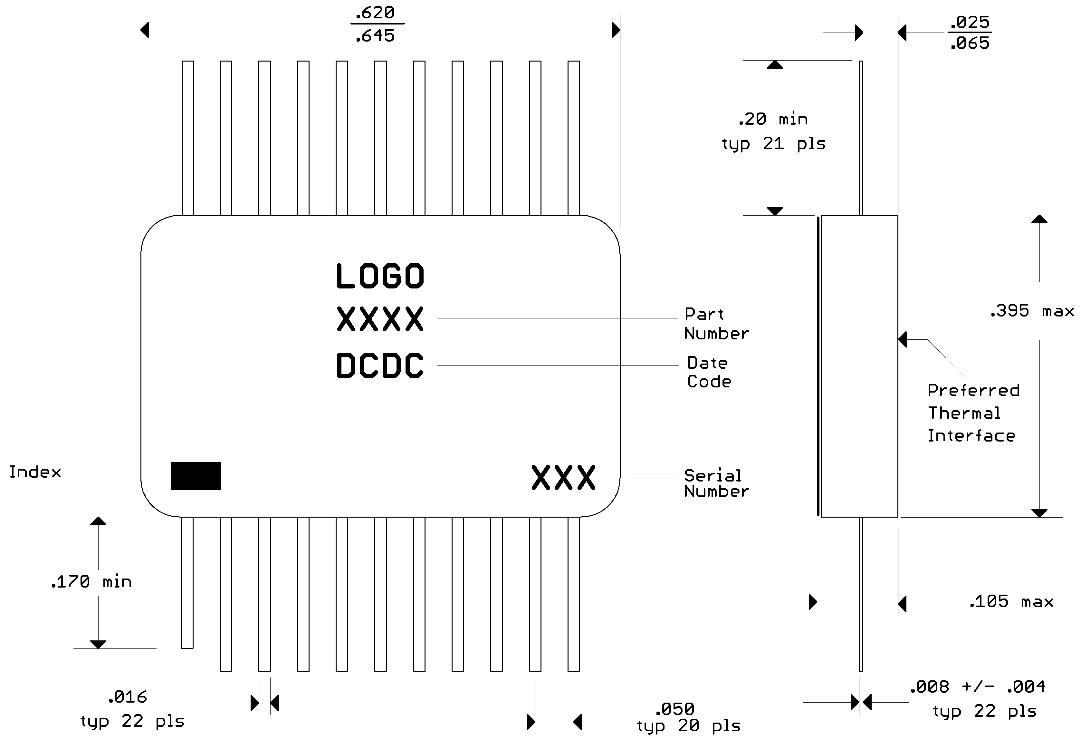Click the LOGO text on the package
pyautogui.click(x=380, y=276)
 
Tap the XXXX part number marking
pyautogui.click(x=380, y=319)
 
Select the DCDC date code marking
pyautogui.click(x=380, y=366)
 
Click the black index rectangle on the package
pyautogui.click(x=196, y=476)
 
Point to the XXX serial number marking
pyautogui.click(x=563, y=478)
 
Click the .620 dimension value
pyautogui.click(x=375, y=13)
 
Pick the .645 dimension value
pyautogui.click(x=375, y=36)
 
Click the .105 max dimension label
pyautogui.click(x=1011, y=602)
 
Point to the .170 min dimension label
pyautogui.click(x=91, y=582)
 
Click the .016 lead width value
pyautogui.click(x=127, y=697)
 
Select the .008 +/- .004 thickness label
pyautogui.click(x=977, y=686)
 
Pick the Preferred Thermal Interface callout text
pyautogui.click(x=973, y=413)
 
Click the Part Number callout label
pyautogui.click(x=716, y=324)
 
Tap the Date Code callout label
pyautogui.click(x=709, y=372)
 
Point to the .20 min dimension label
pyautogui.click(x=773, y=119)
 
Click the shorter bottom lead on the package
pyautogui.click(x=187, y=582)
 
